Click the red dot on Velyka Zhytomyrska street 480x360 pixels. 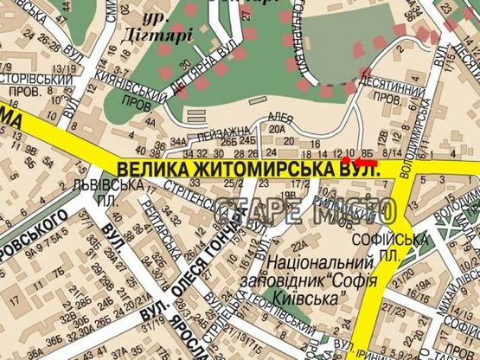click(346, 160)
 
